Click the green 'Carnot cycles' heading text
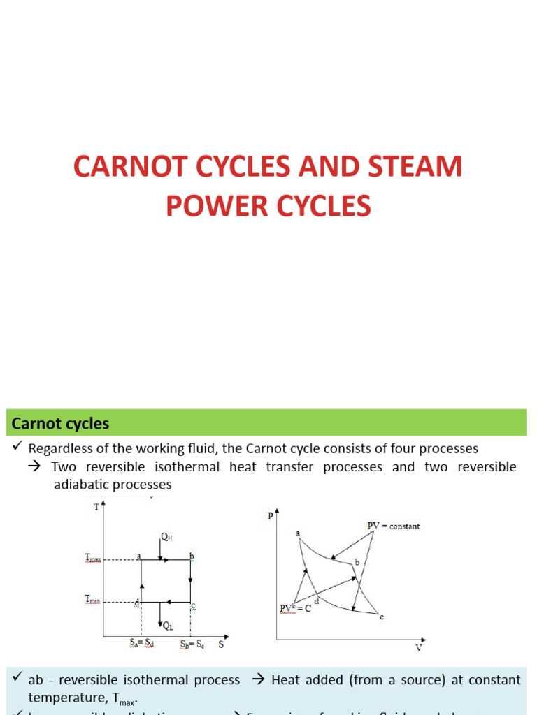tap(60, 424)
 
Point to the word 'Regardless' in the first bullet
tap(60, 448)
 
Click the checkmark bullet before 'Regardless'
tap(17, 448)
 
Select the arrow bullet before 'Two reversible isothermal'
tap(38, 467)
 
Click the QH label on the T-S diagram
tap(166, 537)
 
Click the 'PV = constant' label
tap(394, 526)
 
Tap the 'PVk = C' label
tap(295, 608)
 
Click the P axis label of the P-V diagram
tap(269, 516)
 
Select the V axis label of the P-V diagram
tap(419, 647)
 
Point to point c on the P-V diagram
tap(381, 617)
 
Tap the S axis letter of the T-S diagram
tap(220, 644)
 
